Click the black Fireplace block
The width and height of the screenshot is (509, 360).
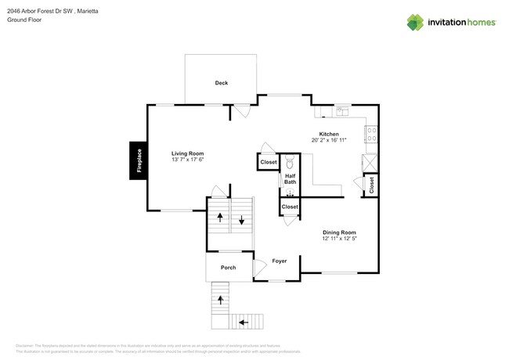click(x=139, y=160)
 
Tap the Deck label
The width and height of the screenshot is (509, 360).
click(x=222, y=83)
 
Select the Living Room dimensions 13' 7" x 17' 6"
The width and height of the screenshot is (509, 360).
click(x=188, y=160)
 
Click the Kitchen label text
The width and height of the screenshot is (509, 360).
click(x=329, y=134)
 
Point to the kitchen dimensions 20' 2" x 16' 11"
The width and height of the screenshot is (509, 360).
click(x=329, y=141)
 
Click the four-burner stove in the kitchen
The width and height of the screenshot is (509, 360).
click(x=371, y=135)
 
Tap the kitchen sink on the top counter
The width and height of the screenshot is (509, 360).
click(x=342, y=111)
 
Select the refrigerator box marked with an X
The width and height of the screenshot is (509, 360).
click(x=369, y=162)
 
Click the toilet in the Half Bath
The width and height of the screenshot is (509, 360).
click(x=289, y=164)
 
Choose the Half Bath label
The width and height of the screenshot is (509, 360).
click(x=290, y=179)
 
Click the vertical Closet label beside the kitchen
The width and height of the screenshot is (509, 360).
click(x=372, y=185)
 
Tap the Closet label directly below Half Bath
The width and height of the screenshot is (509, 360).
click(x=290, y=207)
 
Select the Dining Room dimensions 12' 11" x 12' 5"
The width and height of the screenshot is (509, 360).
click(x=339, y=239)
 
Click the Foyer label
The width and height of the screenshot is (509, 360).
click(x=280, y=261)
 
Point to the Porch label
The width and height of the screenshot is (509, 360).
click(x=228, y=268)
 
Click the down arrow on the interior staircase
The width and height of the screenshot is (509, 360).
click(x=242, y=220)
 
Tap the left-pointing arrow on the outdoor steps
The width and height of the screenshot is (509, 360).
click(x=244, y=321)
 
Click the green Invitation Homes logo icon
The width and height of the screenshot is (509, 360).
click(x=415, y=23)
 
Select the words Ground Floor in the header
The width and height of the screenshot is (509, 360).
click(x=24, y=20)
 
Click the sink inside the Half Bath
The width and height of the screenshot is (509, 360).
click(x=290, y=192)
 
